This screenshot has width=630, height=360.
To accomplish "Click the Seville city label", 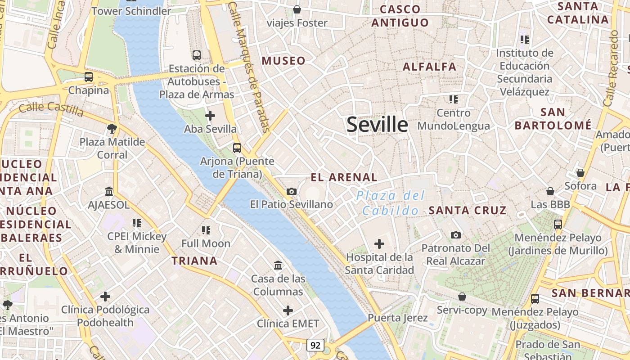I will pyautogui.click(x=377, y=125).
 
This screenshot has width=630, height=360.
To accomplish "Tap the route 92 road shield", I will pyautogui.click(x=315, y=345).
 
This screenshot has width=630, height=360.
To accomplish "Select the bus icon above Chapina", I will pyautogui.click(x=89, y=77).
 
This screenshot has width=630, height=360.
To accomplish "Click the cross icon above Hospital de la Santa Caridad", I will pyautogui.click(x=379, y=244).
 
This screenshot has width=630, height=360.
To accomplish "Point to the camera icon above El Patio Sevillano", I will pyautogui.click(x=292, y=191).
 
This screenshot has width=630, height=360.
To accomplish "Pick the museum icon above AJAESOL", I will pyautogui.click(x=109, y=192).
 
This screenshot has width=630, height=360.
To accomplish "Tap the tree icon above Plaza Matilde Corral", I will pyautogui.click(x=112, y=129).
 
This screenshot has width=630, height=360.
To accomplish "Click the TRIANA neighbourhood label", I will pyautogui.click(x=194, y=261).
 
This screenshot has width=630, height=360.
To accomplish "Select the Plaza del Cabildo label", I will pyautogui.click(x=391, y=203).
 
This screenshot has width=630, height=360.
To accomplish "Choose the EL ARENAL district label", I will pyautogui.click(x=344, y=177).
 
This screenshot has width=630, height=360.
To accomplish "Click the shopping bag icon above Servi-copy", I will pyautogui.click(x=462, y=297).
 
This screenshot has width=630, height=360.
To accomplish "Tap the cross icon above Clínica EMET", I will pyautogui.click(x=288, y=310).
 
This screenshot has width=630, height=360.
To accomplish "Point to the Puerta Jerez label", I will pyautogui.click(x=398, y=318).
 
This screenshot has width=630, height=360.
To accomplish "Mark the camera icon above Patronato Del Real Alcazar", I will pyautogui.click(x=456, y=235).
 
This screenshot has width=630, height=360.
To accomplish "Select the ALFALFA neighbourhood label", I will pyautogui.click(x=430, y=67).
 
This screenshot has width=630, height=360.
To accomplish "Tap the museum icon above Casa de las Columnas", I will pyautogui.click(x=278, y=265).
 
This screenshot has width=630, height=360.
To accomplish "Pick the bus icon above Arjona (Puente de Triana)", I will pyautogui.click(x=237, y=148).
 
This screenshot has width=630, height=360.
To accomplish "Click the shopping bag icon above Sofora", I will pyautogui.click(x=580, y=173).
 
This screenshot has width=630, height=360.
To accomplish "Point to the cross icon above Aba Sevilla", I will pyautogui.click(x=210, y=116).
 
